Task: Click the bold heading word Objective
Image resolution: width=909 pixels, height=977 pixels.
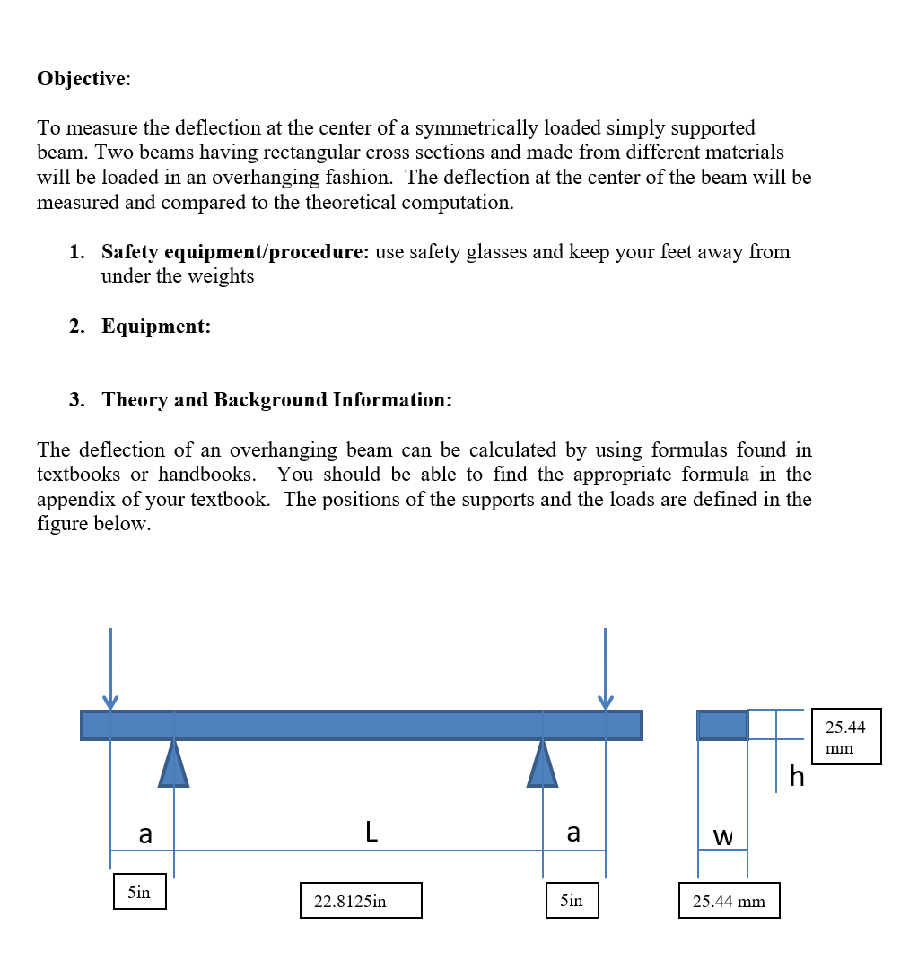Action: click(x=82, y=79)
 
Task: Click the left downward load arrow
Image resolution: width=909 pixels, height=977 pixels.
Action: click(x=110, y=668)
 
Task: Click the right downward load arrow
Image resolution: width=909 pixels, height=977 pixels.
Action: click(x=606, y=668)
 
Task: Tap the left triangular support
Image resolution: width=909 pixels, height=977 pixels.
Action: click(x=174, y=766)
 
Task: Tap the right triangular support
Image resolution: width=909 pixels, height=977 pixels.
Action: click(x=542, y=766)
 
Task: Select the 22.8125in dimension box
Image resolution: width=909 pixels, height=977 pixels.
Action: click(x=361, y=900)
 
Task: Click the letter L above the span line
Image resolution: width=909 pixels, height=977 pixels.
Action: click(x=371, y=833)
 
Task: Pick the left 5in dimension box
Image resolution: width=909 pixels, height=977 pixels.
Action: click(x=139, y=892)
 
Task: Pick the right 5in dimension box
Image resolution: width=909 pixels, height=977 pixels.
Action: click(x=572, y=900)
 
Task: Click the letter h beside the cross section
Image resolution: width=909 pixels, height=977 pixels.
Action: click(x=797, y=776)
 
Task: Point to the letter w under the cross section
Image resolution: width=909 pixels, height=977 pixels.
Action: click(x=722, y=837)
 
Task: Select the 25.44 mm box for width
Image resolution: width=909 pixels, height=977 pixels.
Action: click(x=729, y=901)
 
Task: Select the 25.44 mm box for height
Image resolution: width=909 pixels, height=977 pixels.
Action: click(x=846, y=737)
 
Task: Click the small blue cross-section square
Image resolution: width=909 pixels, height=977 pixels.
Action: click(x=722, y=725)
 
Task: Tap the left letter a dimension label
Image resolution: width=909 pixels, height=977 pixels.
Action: click(x=144, y=834)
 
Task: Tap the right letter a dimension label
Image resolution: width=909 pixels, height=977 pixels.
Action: click(x=573, y=833)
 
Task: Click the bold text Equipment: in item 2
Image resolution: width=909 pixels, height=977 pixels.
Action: click(x=156, y=327)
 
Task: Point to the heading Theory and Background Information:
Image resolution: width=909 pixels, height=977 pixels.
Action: click(x=276, y=400)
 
